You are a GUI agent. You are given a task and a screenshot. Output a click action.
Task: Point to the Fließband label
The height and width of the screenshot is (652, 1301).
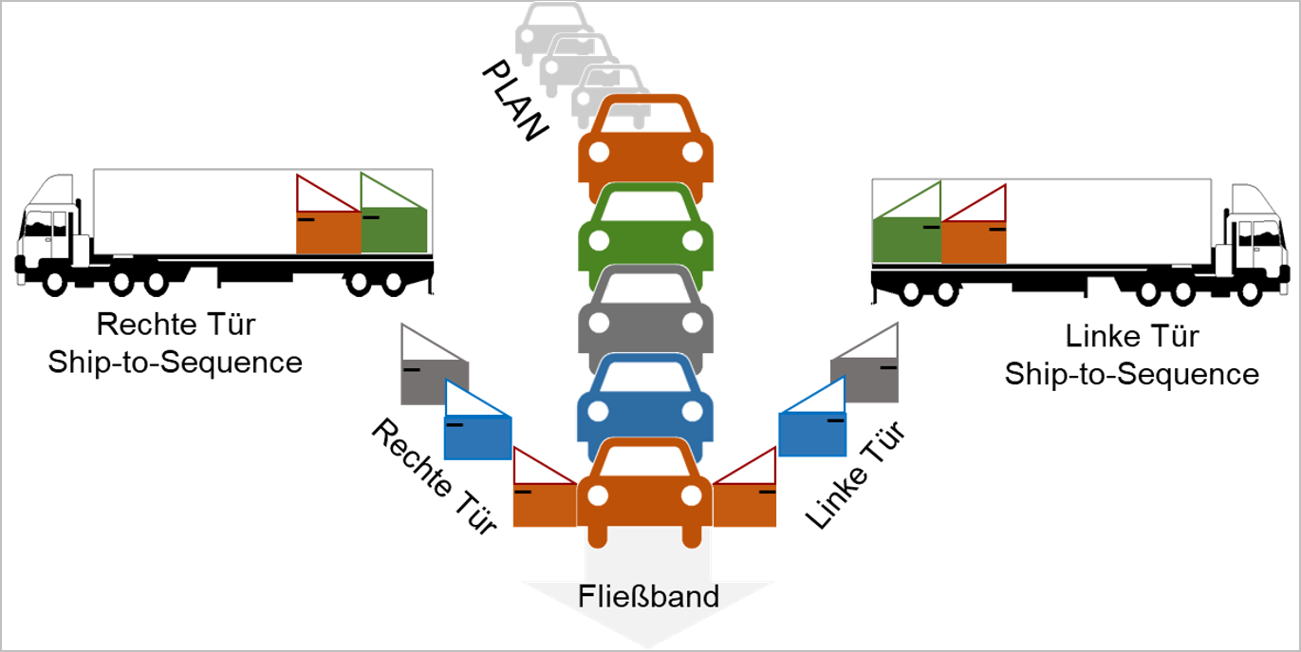[648, 596]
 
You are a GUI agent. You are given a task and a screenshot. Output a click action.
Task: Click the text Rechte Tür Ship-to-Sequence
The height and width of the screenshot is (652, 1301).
[176, 343]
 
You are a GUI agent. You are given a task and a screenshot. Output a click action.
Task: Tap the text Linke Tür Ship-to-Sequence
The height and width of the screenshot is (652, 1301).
[1131, 354]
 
